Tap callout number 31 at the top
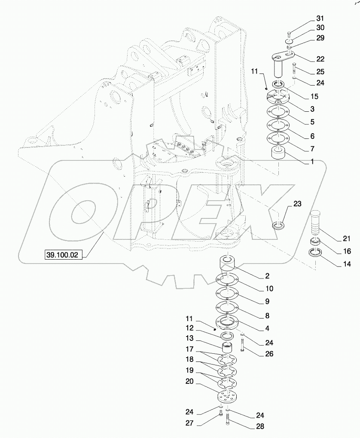[x=320, y=18]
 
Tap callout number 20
[x=190, y=381]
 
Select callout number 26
[x=265, y=355]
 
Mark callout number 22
[x=320, y=59]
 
